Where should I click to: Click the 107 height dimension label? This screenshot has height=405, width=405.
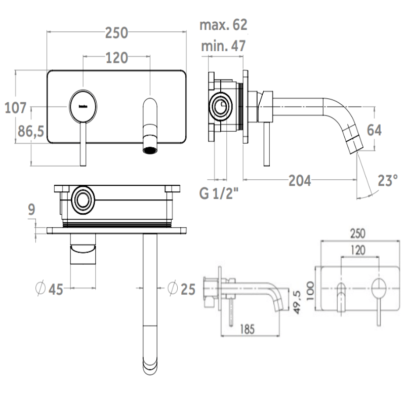[x=15, y=108]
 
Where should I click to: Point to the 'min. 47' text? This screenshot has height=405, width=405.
[x=223, y=46]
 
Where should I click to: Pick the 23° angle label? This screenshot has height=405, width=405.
[x=387, y=180]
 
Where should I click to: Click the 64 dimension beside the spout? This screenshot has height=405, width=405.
[x=373, y=130]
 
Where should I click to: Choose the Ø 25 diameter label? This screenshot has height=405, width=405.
[x=181, y=289]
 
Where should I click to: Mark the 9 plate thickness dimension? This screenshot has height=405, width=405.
[x=32, y=210]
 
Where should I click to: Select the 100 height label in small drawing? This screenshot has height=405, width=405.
[x=310, y=290]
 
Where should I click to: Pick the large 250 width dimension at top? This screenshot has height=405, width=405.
[x=116, y=33]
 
